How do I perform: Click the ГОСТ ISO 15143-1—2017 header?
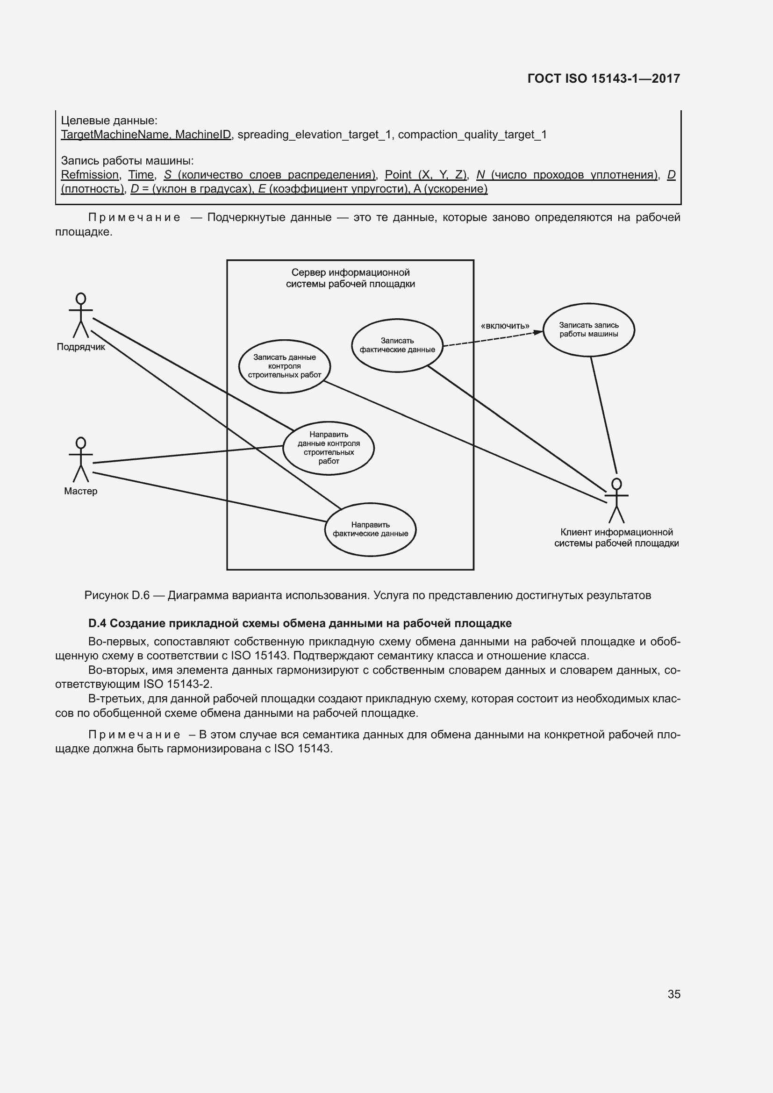tap(603, 79)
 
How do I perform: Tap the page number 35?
tap(673, 994)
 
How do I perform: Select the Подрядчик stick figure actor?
tap(81, 314)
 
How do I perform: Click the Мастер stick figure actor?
tap(81, 459)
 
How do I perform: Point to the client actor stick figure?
tap(616, 500)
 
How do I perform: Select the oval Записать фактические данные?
tap(397, 345)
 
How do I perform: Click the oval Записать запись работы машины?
tap(588, 329)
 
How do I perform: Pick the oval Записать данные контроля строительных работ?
tap(284, 366)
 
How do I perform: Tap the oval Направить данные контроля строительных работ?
tap(329, 448)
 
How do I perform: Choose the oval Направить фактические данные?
tap(370, 529)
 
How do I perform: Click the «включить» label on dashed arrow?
tap(505, 326)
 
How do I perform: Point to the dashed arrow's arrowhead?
tap(538, 332)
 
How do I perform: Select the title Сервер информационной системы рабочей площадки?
tap(351, 278)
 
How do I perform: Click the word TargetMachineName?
tap(114, 135)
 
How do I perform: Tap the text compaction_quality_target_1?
tap(472, 135)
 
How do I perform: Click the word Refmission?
tap(90, 175)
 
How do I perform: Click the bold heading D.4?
tap(300, 623)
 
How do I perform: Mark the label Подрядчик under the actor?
tap(81, 347)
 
